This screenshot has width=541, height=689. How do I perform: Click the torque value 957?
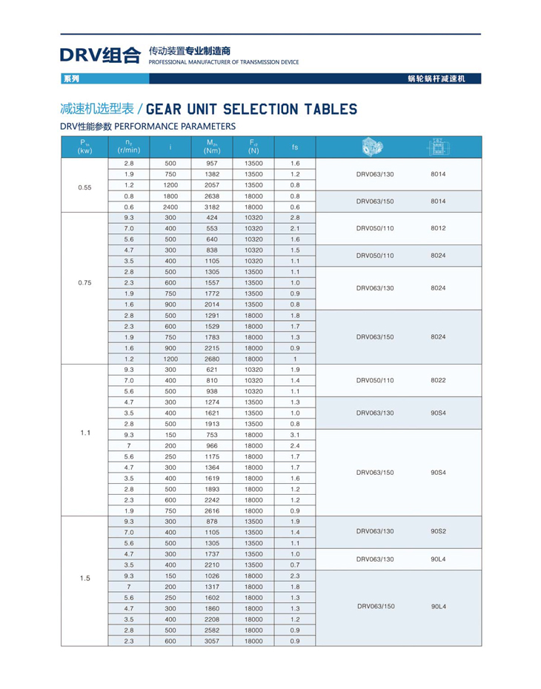coord(212,163)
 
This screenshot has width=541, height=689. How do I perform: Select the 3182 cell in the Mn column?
coord(212,207)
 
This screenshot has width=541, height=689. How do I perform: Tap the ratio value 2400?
coord(170,207)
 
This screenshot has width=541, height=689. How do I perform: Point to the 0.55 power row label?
coord(84,187)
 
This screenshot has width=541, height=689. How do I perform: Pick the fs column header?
coord(295,147)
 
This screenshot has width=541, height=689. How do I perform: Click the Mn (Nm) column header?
coord(212,147)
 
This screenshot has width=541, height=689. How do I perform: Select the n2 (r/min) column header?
coord(129,147)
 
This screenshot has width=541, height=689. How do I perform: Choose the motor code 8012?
coord(438,228)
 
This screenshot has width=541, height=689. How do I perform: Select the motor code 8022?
coord(438,380)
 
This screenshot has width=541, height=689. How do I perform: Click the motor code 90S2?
coord(438,531)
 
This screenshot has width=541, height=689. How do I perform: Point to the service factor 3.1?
coord(295,435)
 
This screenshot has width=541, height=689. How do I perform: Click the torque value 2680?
coord(212,359)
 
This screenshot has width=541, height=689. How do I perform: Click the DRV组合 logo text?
coord(100,54)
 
